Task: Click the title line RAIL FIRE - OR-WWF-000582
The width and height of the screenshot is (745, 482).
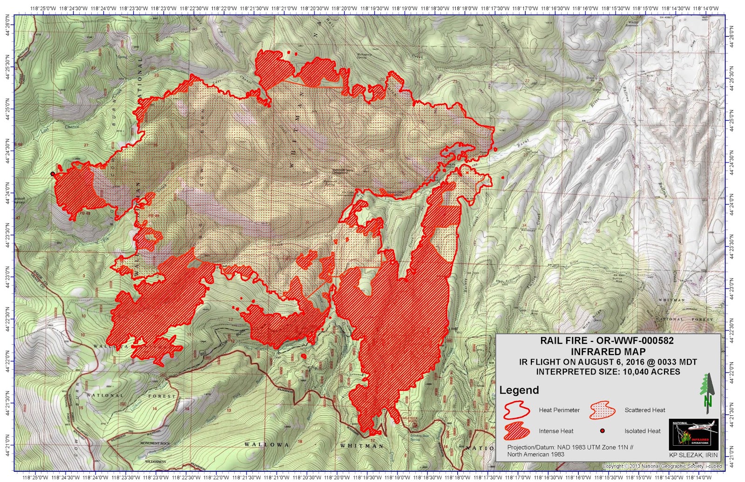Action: click(607, 340)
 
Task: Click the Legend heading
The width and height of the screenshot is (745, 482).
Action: click(519, 390)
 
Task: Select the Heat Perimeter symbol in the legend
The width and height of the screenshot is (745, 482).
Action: click(516, 410)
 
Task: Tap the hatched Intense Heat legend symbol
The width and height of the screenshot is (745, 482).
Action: click(516, 431)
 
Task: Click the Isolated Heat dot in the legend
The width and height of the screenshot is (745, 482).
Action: click(602, 431)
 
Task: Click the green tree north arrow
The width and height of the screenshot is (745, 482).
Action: click(707, 393)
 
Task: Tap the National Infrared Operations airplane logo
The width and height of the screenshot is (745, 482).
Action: click(693, 434)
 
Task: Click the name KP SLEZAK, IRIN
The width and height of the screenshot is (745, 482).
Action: click(693, 455)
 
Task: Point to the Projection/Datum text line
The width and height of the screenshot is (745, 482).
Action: click(570, 447)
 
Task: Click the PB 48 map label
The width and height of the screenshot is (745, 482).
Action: click(85, 213)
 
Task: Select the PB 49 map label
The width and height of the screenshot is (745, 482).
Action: click(153, 216)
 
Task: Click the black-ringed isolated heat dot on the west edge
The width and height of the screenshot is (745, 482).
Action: click(53, 174)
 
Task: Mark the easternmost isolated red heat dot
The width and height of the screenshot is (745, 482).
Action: click(502, 177)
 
